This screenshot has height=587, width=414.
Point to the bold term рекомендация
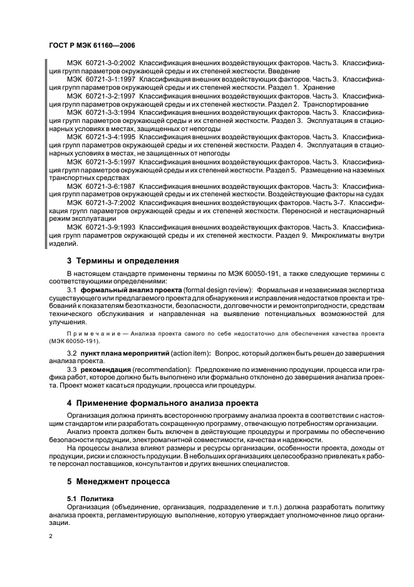click(107, 370)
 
